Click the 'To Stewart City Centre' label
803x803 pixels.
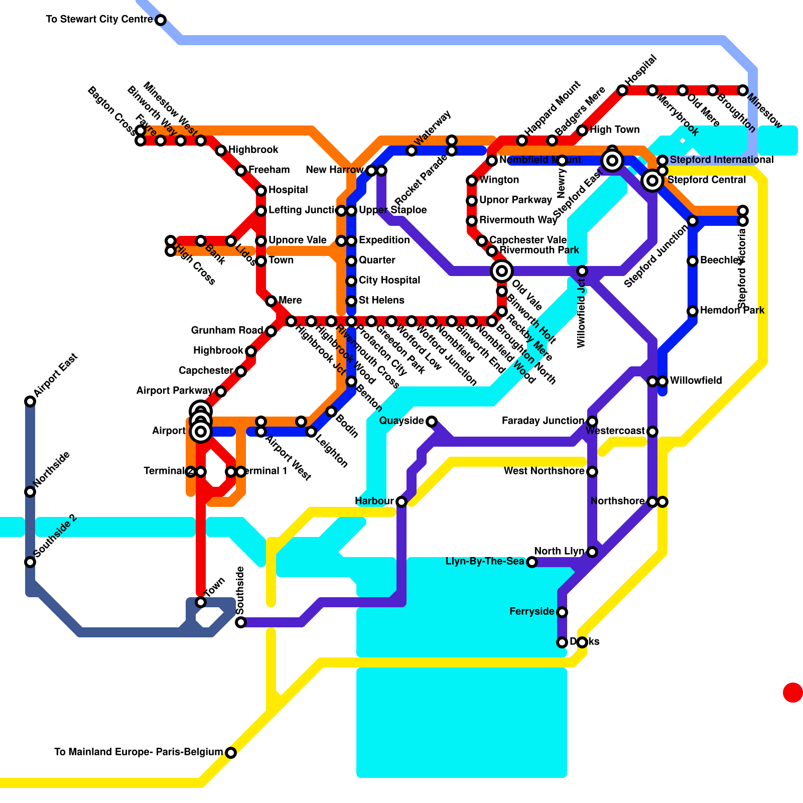click(99, 20)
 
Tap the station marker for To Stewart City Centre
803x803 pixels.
click(161, 20)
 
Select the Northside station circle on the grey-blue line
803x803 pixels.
click(30, 492)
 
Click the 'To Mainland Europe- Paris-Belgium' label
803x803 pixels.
click(138, 752)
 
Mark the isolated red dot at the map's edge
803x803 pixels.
click(792, 693)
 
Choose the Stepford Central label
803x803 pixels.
click(707, 180)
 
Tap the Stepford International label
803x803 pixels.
click(722, 160)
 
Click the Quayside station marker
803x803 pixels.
click(432, 422)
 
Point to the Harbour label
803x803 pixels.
click(374, 501)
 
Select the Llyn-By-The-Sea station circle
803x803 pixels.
click(532, 562)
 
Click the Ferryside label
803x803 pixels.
click(532, 612)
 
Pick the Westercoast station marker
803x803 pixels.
click(652, 432)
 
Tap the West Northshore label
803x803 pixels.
click(544, 471)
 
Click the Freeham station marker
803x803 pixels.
click(241, 171)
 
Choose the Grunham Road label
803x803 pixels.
click(227, 331)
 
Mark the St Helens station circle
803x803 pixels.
click(351, 301)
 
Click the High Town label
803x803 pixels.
click(615, 130)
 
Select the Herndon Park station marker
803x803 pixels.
click(693, 311)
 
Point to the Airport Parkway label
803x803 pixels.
click(175, 391)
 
